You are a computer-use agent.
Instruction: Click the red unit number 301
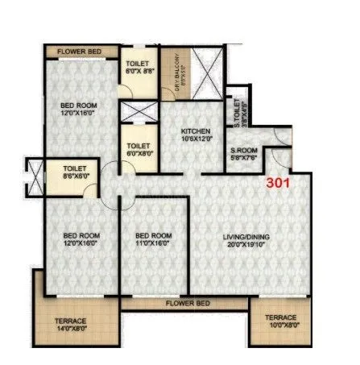[280, 182]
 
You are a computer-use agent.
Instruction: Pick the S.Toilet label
[238, 108]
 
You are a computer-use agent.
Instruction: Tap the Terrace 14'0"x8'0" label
[71, 321]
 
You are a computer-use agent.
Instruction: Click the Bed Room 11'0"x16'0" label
[153, 235]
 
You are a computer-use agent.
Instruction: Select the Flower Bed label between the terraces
[187, 303]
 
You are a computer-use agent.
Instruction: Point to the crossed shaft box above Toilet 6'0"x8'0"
[137, 111]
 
